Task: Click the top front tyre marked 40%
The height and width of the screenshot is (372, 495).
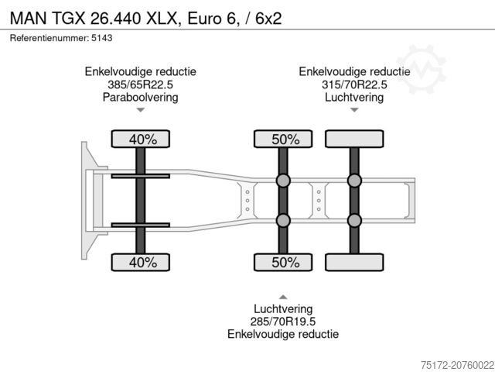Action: (141, 139)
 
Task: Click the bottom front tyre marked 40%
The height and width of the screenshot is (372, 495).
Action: (141, 262)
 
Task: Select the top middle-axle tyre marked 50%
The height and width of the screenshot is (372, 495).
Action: (283, 139)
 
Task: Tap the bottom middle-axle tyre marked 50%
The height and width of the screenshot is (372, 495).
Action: (283, 262)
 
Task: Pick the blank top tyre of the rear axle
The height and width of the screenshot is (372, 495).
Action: (354, 139)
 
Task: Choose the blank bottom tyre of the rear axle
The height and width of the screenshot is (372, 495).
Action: (354, 262)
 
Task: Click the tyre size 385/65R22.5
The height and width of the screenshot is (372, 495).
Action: (141, 84)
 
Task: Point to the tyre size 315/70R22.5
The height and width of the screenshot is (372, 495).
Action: (354, 84)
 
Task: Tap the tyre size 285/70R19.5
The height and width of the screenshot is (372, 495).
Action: (283, 321)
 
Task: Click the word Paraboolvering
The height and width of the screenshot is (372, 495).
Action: (141, 98)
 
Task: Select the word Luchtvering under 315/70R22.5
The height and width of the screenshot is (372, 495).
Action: (354, 98)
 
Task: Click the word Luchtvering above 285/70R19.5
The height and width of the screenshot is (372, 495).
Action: (283, 308)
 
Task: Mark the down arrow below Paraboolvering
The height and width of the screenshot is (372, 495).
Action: (141, 111)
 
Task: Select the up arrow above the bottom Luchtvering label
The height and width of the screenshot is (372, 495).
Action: (283, 295)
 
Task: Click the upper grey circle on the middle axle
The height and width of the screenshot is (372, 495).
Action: (283, 181)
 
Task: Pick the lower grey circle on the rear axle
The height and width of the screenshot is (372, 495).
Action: (354, 221)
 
